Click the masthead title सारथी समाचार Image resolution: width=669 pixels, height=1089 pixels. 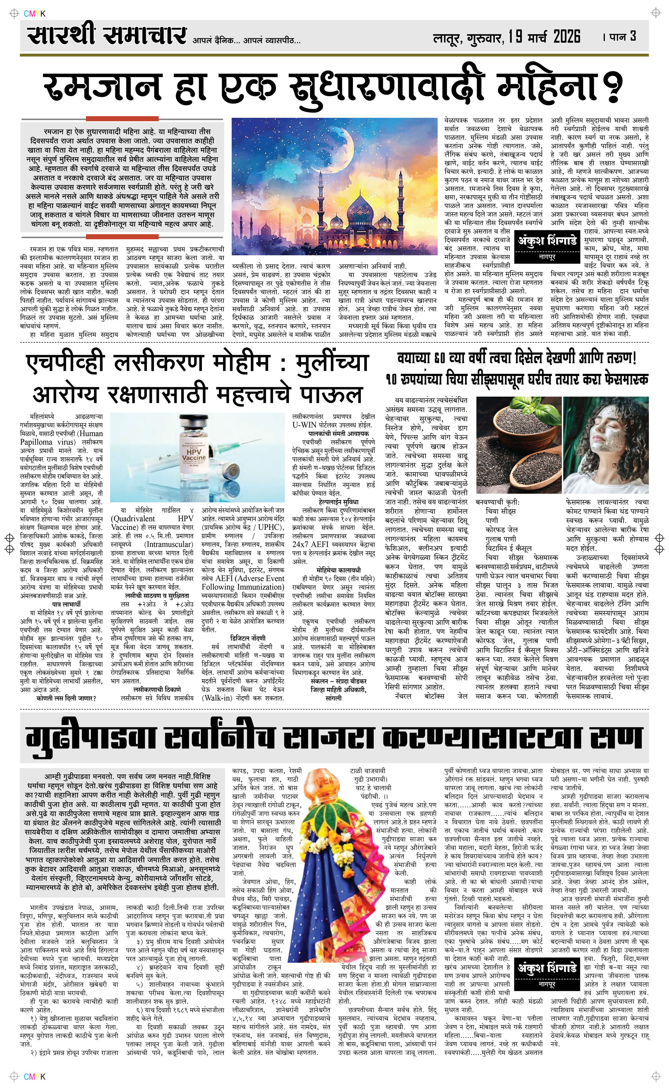106,35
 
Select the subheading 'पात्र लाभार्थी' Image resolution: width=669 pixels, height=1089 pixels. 66,604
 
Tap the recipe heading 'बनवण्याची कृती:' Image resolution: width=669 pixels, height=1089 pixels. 498,502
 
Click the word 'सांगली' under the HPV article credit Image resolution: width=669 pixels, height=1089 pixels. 333,698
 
